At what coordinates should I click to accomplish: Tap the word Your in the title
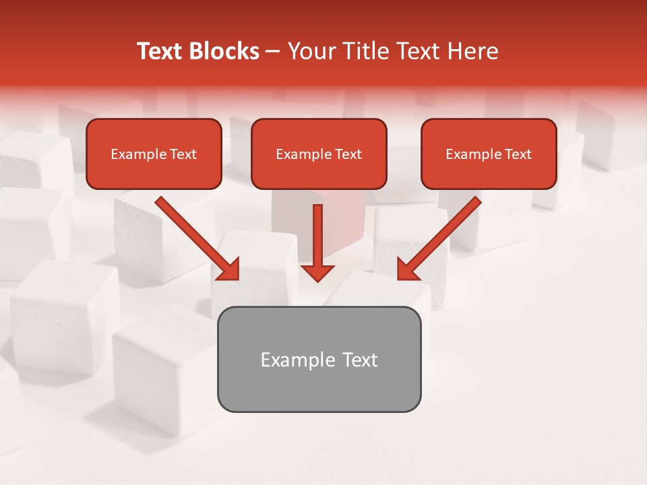[309, 51]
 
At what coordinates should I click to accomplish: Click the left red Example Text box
[154, 154]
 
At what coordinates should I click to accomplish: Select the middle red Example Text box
[319, 154]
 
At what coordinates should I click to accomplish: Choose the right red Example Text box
[489, 154]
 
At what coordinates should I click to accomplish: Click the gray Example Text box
[319, 360]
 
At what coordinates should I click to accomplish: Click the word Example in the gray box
[288, 360]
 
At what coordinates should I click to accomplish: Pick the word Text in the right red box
[518, 154]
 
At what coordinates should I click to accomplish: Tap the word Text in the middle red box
[348, 154]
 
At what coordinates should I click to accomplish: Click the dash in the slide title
[273, 51]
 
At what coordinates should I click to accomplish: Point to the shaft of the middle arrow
[317, 232]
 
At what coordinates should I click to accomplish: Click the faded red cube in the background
[297, 216]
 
